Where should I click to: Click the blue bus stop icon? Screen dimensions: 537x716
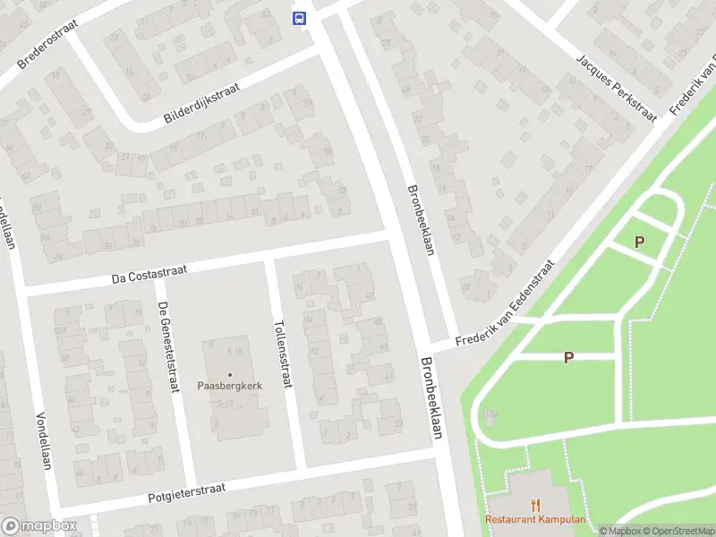tap(299, 17)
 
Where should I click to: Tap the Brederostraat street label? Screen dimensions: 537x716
tap(48, 43)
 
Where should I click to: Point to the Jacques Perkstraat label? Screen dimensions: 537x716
tap(616, 88)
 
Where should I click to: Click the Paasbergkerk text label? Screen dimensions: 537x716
tap(229, 387)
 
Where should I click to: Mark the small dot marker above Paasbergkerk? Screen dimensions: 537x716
tap(229, 374)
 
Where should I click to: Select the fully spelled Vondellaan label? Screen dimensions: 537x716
tap(42, 439)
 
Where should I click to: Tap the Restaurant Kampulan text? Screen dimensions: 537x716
tap(535, 520)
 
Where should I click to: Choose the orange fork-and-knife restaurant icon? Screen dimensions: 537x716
tap(536, 504)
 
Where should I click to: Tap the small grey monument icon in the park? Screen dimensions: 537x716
tap(490, 415)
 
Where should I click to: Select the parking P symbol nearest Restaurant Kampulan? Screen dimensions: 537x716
tap(567, 357)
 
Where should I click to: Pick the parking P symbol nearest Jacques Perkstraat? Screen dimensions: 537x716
tap(639, 242)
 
